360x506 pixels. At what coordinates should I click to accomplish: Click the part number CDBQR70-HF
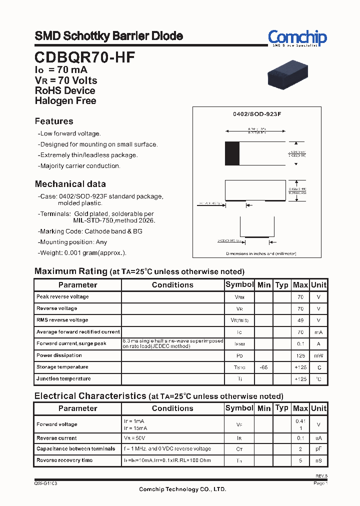coord(84,57)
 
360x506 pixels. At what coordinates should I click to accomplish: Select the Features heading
coord(54,121)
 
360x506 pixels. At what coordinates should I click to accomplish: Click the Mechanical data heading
coord(70,184)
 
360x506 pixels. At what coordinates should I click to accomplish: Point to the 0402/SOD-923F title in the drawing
coord(257,114)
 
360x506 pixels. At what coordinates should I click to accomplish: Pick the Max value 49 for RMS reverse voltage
coord(300,320)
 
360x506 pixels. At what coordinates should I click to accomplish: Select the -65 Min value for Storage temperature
coord(263,367)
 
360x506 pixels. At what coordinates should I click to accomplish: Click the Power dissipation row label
coord(59,355)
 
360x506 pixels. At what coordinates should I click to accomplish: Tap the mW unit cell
coord(318,355)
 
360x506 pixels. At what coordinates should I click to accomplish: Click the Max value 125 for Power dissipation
coord(300,355)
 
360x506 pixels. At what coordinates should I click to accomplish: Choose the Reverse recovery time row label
coord(64,460)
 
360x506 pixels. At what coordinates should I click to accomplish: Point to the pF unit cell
coord(318,449)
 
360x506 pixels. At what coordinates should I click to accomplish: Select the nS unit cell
coord(318,460)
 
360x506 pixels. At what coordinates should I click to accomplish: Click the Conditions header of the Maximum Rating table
coord(172,285)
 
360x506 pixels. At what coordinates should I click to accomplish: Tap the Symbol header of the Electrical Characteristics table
coord(239,408)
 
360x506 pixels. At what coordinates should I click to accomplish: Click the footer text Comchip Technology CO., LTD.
coord(182,489)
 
